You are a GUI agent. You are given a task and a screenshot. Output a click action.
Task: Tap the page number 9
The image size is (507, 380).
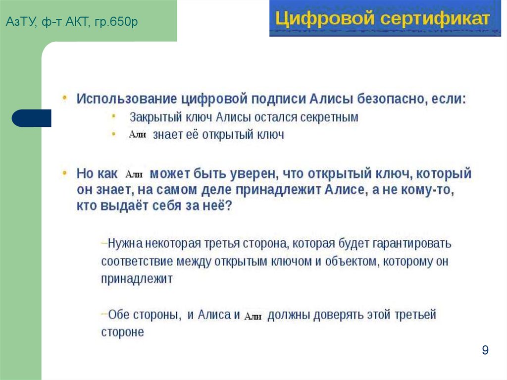[x=485, y=351]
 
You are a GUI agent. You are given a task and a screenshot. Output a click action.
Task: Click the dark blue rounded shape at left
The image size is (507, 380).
[x=32, y=118]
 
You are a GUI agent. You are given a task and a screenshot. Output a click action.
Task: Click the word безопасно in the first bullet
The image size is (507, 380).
[x=388, y=98]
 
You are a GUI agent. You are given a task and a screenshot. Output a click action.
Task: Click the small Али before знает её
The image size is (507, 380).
[x=137, y=135]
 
